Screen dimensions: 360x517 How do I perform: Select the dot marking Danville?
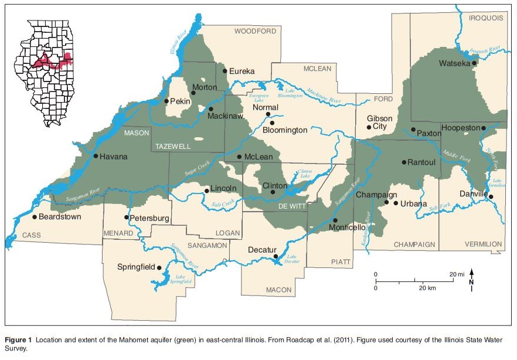[x=491, y=197]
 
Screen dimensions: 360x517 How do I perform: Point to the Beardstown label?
[x=60, y=217]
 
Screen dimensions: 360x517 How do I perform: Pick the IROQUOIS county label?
[x=486, y=18]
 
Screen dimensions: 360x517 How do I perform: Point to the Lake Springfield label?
[x=180, y=279]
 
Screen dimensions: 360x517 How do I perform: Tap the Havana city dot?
[x=95, y=156]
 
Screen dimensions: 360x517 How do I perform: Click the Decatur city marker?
[x=275, y=256]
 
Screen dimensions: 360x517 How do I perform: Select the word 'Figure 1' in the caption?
[x=19, y=339]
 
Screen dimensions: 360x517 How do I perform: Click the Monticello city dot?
[x=335, y=220]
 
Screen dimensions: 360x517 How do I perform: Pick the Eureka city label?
[x=242, y=71]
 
